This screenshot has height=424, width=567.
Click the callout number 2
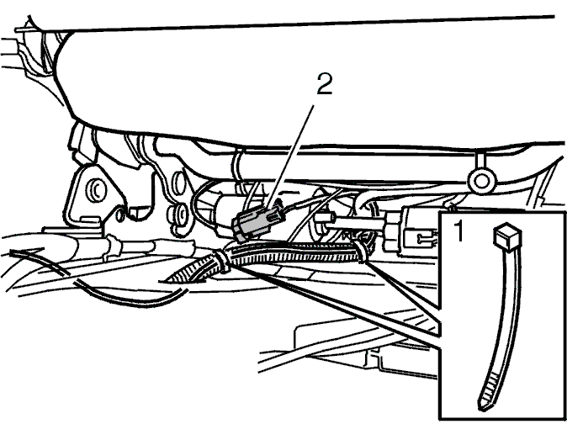325,85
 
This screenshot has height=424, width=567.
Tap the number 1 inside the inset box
458,231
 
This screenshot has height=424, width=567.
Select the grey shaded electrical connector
258,224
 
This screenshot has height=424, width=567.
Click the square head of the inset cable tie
507,236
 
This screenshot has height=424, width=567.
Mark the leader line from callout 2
291,158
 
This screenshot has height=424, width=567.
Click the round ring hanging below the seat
481,181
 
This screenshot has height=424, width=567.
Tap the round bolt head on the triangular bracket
96,188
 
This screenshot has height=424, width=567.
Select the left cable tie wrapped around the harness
221,261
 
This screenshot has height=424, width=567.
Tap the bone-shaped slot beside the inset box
424,239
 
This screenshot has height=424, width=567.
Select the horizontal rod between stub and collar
358,222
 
